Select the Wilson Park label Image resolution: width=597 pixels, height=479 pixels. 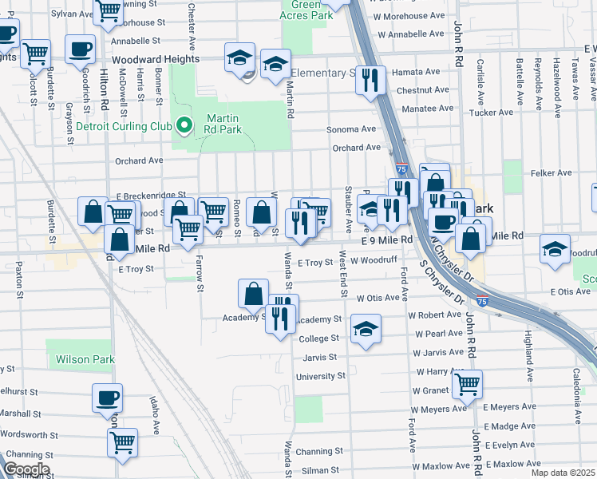click(85, 360)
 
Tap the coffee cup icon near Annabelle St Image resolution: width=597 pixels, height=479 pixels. click(79, 49)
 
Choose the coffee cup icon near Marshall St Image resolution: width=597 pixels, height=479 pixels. click(107, 398)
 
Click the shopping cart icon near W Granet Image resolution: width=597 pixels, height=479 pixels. click(467, 384)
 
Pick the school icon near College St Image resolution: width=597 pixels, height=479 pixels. click(365, 329)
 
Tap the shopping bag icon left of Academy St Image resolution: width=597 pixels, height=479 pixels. click(253, 293)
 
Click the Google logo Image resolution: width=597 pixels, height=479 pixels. click(26, 469)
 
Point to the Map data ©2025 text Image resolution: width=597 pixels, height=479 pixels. click(562, 473)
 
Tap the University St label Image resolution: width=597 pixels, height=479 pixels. click(320, 376)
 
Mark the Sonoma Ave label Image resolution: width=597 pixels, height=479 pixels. click(351, 129)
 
